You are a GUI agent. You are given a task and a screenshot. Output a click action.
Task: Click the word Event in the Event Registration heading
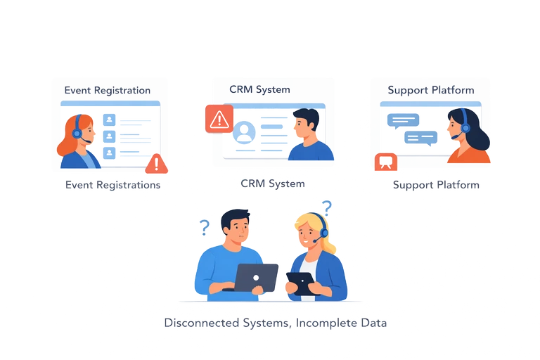(x=77, y=91)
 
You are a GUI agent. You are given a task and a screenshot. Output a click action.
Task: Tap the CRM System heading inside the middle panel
(x=259, y=90)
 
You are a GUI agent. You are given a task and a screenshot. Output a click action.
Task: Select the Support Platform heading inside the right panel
(x=430, y=91)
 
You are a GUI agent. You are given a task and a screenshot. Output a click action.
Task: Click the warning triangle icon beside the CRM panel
(x=219, y=119)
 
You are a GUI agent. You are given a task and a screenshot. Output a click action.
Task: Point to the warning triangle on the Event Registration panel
(x=157, y=164)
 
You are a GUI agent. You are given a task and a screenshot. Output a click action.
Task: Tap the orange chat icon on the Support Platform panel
(x=385, y=162)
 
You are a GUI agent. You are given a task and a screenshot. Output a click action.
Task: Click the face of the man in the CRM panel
(x=304, y=127)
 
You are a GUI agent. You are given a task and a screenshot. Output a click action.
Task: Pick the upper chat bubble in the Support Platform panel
(x=403, y=120)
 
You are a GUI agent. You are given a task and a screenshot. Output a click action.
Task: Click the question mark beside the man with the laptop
(x=204, y=227)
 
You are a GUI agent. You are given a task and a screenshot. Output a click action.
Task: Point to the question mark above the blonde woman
(x=326, y=207)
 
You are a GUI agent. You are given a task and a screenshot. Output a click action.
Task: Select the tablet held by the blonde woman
(x=300, y=283)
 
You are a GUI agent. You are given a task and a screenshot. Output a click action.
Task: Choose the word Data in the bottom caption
(x=373, y=323)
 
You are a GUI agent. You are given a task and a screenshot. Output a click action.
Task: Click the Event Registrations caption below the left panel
(x=112, y=185)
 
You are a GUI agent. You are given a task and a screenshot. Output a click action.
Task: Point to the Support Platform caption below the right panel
(x=436, y=185)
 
